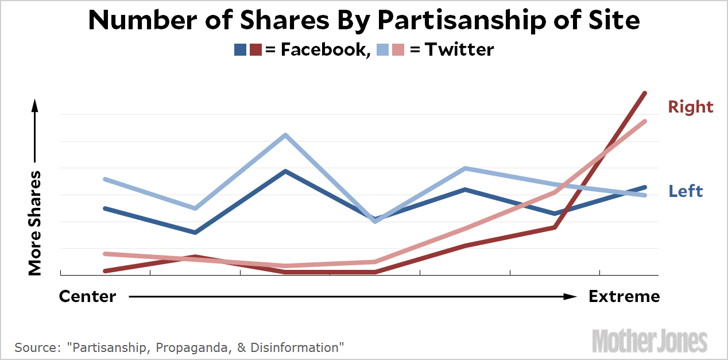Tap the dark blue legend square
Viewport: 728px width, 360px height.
click(x=241, y=50)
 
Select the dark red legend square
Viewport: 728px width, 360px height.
click(x=255, y=50)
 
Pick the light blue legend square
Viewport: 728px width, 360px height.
click(x=383, y=50)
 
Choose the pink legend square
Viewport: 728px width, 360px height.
click(x=398, y=50)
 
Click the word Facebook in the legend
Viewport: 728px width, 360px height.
click(x=323, y=49)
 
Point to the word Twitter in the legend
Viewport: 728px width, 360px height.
click(x=459, y=49)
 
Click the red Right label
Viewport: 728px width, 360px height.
click(x=690, y=107)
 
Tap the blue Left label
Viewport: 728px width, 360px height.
click(x=686, y=191)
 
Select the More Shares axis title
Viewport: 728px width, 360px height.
click(x=35, y=223)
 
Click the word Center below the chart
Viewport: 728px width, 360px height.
click(x=88, y=296)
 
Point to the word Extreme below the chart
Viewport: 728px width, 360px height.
click(x=624, y=296)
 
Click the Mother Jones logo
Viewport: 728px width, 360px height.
click(x=649, y=340)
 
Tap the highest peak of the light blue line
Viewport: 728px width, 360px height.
click(x=285, y=136)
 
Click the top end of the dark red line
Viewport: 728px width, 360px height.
click(x=645, y=93)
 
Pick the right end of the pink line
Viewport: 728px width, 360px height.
click(x=645, y=121)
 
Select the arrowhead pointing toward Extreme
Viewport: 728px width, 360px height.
click(x=570, y=297)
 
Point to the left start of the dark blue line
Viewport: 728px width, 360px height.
click(x=104, y=208)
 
